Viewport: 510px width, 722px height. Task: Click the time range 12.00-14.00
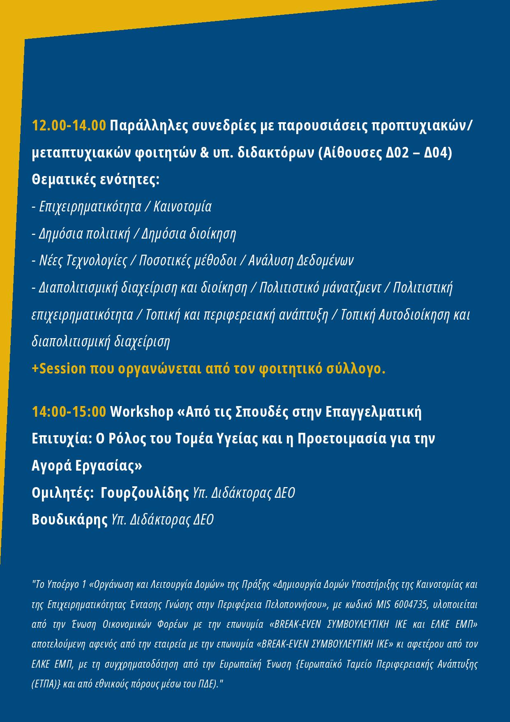coord(69,125)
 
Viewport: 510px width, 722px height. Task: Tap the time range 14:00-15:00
coord(69,411)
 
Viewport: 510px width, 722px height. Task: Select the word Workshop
coord(142,412)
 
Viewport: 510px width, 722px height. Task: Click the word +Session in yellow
coord(59,369)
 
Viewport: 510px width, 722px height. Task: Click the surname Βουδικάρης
coord(70,520)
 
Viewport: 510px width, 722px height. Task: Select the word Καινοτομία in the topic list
coord(182,207)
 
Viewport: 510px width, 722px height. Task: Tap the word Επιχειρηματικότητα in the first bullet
coord(90,207)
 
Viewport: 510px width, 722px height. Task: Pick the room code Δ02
coord(399,153)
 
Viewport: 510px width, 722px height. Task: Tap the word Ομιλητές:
coord(63,492)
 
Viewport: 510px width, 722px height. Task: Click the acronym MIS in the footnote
coord(384,605)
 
